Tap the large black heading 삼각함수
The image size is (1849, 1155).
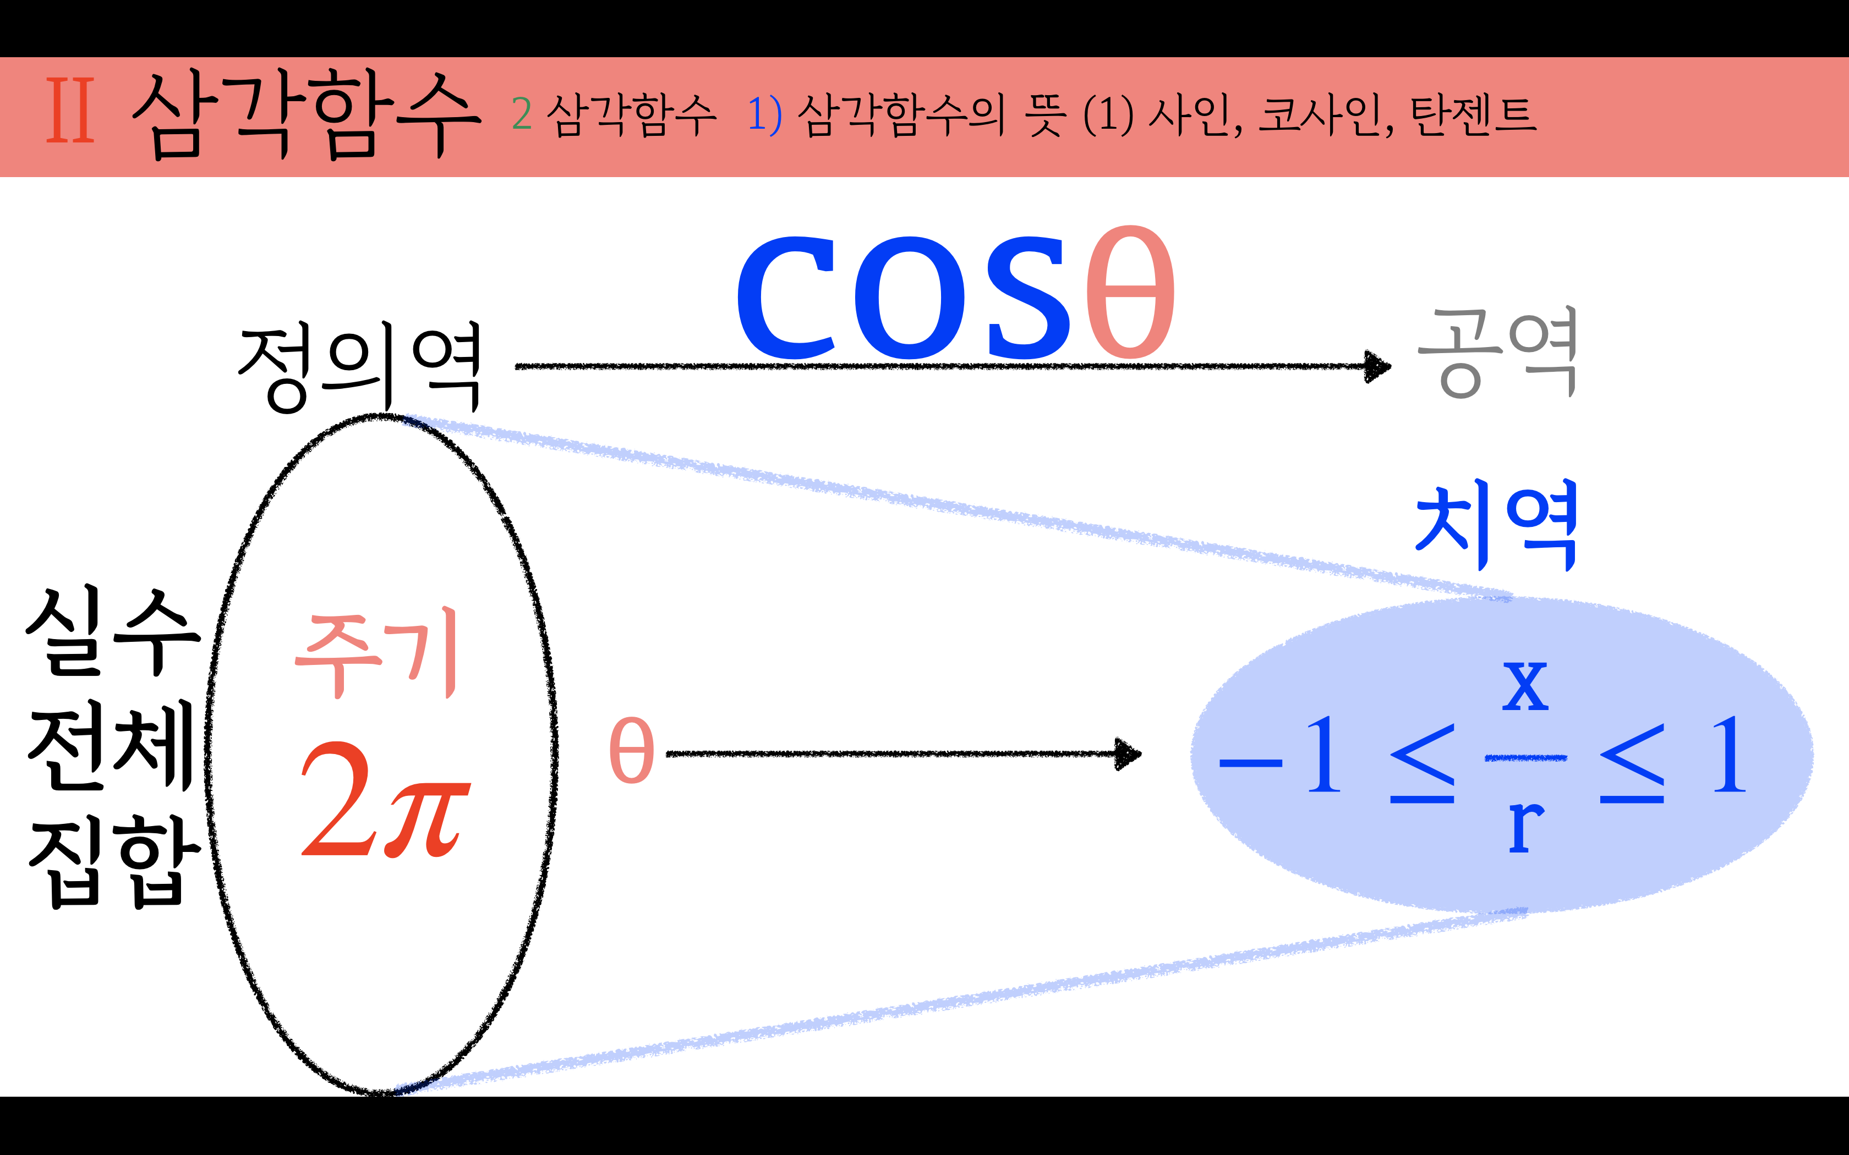[x=305, y=114]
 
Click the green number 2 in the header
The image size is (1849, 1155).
[x=522, y=114]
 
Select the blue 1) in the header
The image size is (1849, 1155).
[x=764, y=114]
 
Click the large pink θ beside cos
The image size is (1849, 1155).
[x=1131, y=292]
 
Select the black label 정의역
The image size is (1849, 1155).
[x=360, y=367]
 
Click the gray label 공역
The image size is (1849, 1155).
[x=1497, y=353]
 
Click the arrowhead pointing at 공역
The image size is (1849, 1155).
[x=1377, y=367]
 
